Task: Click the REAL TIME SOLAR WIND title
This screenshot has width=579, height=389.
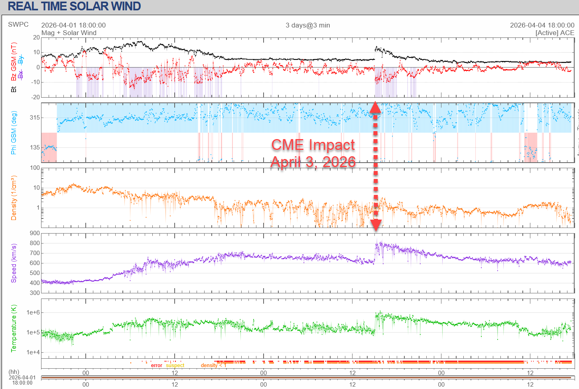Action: pyautogui.click(x=74, y=7)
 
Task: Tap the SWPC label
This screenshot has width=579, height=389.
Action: pyautogui.click(x=18, y=24)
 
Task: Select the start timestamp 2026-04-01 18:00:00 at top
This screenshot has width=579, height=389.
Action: pyautogui.click(x=73, y=25)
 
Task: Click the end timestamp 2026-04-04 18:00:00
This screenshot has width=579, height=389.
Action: pyautogui.click(x=542, y=25)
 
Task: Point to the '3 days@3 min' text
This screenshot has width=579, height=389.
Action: pyautogui.click(x=308, y=25)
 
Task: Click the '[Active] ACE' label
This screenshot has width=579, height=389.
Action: pyautogui.click(x=555, y=33)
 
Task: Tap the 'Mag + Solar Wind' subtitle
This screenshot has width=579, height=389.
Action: pyautogui.click(x=69, y=33)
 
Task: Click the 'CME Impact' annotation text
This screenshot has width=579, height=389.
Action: pyautogui.click(x=313, y=145)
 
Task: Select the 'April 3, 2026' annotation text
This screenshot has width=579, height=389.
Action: pyautogui.click(x=313, y=162)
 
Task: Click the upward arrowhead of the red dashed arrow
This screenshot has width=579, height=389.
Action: pyautogui.click(x=376, y=108)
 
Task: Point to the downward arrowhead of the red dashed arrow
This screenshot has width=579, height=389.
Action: pyautogui.click(x=376, y=225)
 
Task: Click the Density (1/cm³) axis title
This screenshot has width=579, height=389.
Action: pyautogui.click(x=14, y=198)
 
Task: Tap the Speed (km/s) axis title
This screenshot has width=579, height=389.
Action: pyautogui.click(x=14, y=263)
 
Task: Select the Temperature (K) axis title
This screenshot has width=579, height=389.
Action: pyautogui.click(x=14, y=328)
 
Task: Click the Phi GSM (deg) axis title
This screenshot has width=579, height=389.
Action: pyautogui.click(x=14, y=133)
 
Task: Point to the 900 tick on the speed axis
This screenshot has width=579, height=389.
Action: pyautogui.click(x=35, y=234)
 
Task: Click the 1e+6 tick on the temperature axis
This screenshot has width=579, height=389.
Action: pyautogui.click(x=33, y=312)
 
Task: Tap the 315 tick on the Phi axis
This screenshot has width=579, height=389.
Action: pyautogui.click(x=35, y=118)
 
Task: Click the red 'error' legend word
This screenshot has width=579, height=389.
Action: pyautogui.click(x=156, y=365)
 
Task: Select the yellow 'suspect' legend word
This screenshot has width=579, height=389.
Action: pyautogui.click(x=175, y=365)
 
